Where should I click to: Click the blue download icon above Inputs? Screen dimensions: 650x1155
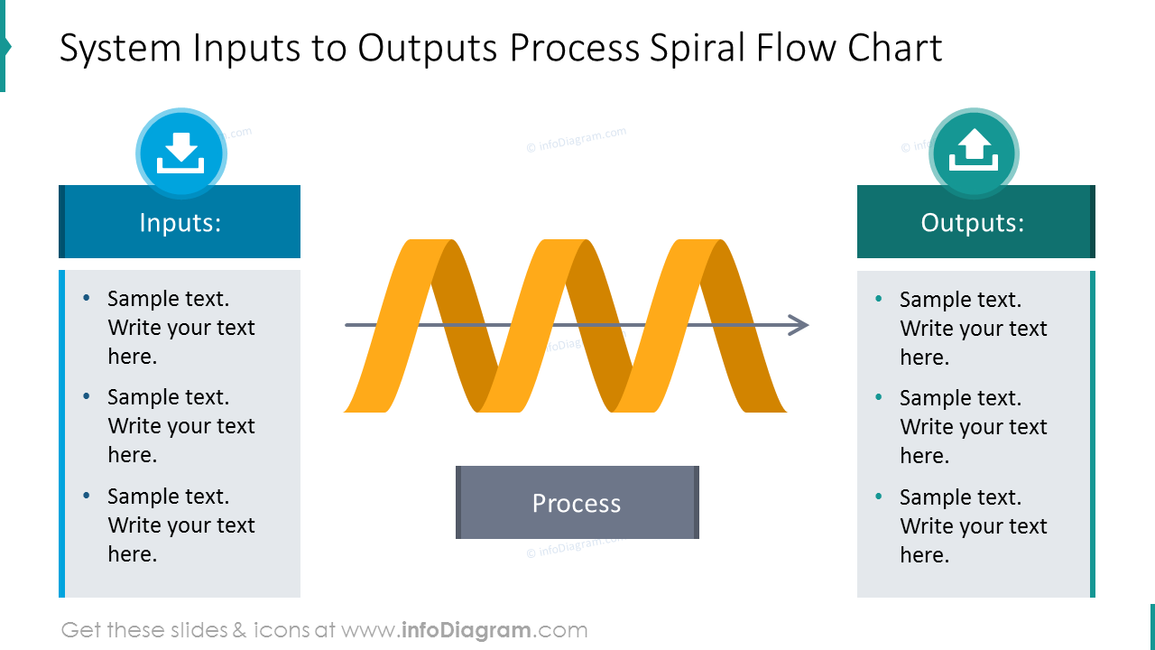coord(180,153)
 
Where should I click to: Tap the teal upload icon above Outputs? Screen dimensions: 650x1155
coord(974,153)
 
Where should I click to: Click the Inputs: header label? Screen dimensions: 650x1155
coord(180,222)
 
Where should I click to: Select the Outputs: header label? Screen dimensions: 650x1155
coord(972,222)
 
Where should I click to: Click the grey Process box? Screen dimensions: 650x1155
coord(577,503)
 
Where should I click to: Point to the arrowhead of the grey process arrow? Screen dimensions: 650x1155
coord(799,325)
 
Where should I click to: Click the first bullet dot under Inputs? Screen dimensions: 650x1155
coord(87,298)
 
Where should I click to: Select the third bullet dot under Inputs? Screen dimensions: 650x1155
coord(87,496)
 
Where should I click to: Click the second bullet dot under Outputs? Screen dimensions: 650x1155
coord(879,397)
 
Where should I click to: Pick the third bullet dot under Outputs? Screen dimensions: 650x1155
coord(879,497)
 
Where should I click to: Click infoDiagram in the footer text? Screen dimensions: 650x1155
coord(465,630)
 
